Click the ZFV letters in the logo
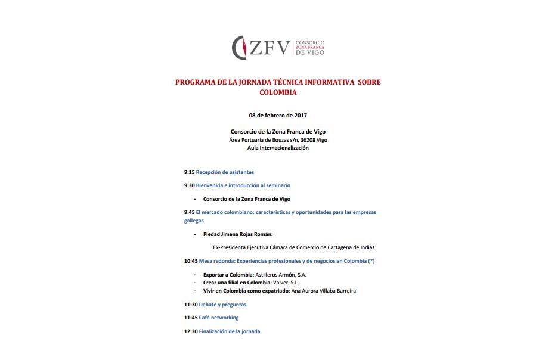point(269,46)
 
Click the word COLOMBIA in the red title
point(278,92)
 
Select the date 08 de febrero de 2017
point(278,115)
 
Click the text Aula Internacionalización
point(278,148)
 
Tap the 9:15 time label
point(189,172)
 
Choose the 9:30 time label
point(189,185)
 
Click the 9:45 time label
point(189,212)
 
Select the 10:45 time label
point(191,261)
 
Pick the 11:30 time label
point(191,305)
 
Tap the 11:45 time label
point(191,318)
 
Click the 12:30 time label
point(191,331)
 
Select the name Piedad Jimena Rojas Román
point(237,234)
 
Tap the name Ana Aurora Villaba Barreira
point(323,291)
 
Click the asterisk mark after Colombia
point(371,261)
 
